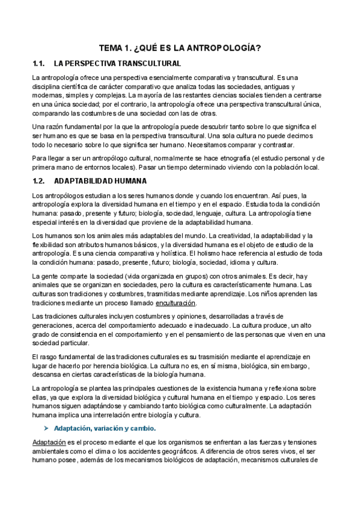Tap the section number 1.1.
39,63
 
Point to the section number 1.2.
39,180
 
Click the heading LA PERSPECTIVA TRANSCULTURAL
117,63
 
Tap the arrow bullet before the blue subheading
46,428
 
